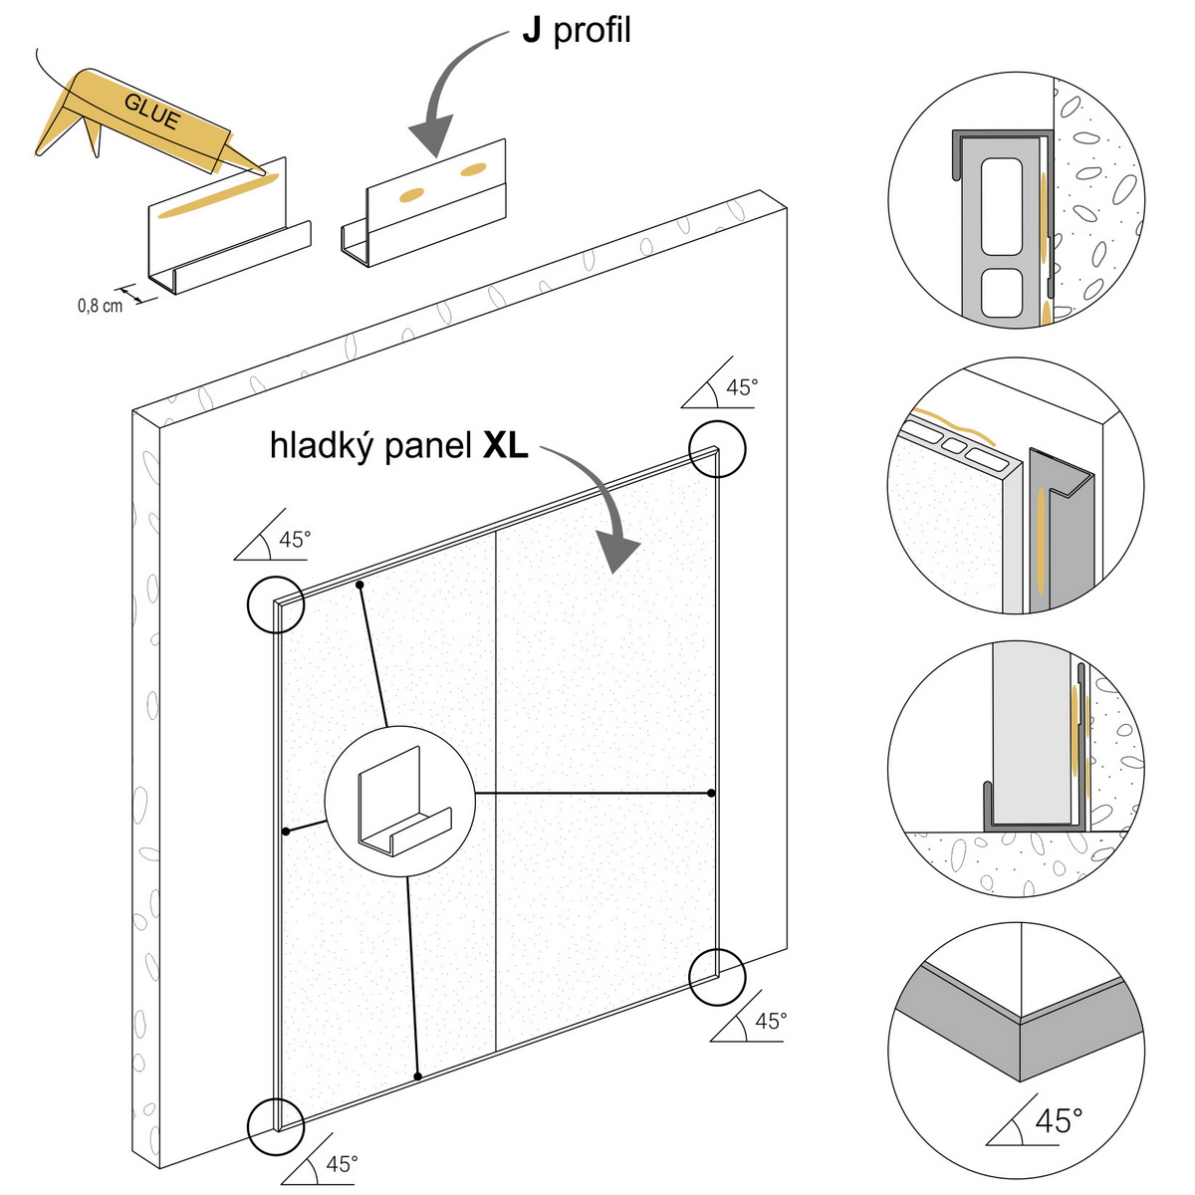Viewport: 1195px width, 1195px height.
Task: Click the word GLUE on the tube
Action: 152,112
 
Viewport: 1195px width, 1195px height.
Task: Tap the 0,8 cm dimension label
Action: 100,305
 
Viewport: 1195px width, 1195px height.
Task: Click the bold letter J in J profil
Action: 533,31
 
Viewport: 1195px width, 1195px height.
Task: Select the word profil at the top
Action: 593,31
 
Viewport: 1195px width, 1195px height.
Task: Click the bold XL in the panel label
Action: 505,445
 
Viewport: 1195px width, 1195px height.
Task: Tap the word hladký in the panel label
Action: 318,446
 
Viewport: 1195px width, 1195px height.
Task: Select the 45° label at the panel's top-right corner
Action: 741,387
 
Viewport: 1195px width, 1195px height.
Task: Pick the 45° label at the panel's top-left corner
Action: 294,540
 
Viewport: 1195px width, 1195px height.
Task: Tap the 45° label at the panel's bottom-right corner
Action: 770,1022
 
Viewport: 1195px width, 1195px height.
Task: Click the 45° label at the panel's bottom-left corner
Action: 342,1164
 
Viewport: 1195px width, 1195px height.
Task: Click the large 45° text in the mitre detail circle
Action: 1059,1120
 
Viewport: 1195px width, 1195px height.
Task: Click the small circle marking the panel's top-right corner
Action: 717,449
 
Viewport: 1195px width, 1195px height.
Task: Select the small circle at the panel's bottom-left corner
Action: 275,1125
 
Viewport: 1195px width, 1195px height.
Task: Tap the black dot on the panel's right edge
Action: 711,793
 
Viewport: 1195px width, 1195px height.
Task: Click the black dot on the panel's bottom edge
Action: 417,1076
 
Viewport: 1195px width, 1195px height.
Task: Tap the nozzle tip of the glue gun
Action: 264,173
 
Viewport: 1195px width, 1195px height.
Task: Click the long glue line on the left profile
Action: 213,195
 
